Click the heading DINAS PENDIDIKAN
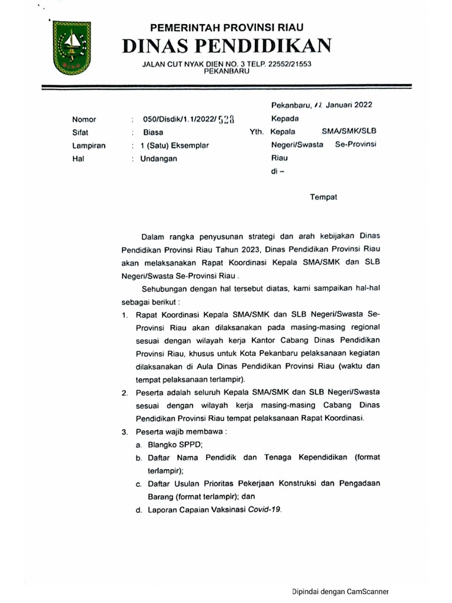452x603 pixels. click(x=227, y=46)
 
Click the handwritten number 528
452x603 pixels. click(x=226, y=120)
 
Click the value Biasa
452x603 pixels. click(x=153, y=132)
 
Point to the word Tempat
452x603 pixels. click(x=324, y=197)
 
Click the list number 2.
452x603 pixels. click(x=124, y=393)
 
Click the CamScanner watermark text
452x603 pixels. click(x=340, y=591)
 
